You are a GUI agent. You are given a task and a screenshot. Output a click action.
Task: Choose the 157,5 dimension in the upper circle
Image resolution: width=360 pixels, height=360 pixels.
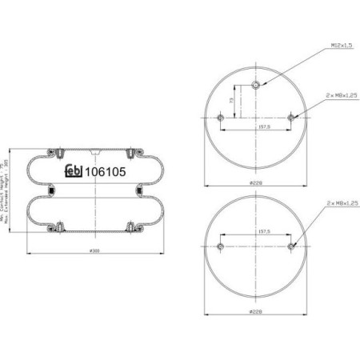(x=255, y=126)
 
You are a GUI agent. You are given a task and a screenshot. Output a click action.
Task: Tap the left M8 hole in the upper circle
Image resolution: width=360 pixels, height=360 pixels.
(x=220, y=119)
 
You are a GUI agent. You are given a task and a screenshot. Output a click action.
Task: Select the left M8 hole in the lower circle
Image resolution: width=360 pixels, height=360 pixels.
(x=220, y=245)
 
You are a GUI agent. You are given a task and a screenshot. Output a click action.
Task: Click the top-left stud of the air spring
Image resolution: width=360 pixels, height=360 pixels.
(x=61, y=150)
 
